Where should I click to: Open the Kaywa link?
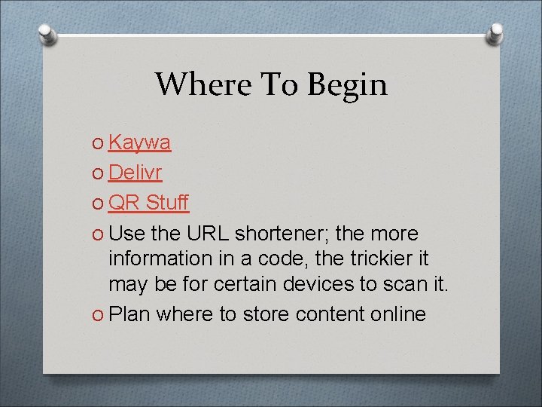pos(139,142)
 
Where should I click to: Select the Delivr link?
pos(135,173)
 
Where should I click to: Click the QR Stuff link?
pos(148,203)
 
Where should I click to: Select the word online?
pos(398,314)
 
